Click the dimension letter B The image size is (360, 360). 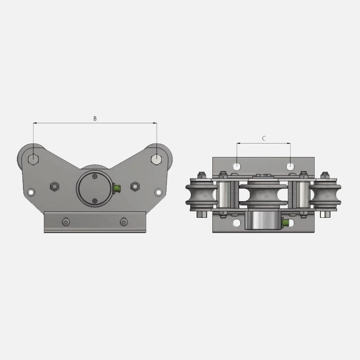pos(94,118)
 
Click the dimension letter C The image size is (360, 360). pos(264,139)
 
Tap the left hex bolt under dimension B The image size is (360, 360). pos(33,159)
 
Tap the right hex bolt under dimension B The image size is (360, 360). pos(156,159)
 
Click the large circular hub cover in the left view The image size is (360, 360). pos(94,189)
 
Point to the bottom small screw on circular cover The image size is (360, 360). pos(94,201)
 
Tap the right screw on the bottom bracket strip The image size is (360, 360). pos(123,222)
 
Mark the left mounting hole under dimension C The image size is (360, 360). pos(237,166)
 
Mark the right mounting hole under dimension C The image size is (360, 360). pos(291,166)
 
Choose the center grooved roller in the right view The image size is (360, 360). pos(264,194)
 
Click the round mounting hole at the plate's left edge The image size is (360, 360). pos(30,192)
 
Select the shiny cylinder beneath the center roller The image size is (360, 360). pos(261,221)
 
